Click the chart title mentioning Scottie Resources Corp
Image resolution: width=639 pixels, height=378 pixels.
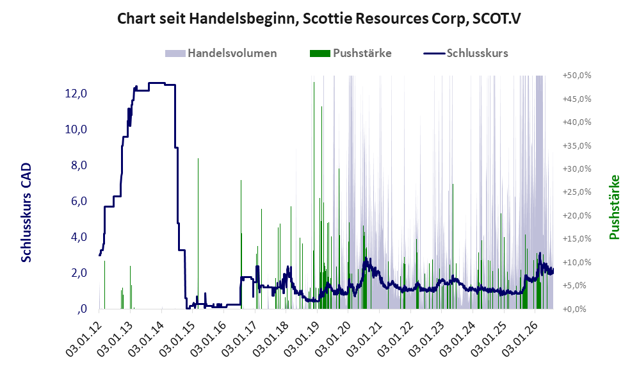tap(319, 19)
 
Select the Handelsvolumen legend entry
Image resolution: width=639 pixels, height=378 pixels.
tap(221, 53)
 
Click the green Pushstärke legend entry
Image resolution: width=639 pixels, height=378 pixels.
tap(350, 53)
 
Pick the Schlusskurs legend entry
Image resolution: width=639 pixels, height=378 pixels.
tap(465, 53)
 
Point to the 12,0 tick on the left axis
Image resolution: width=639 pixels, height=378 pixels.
tap(76, 94)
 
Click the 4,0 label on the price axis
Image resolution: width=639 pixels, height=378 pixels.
tap(79, 237)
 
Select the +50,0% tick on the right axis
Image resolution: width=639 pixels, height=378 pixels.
tap(577, 76)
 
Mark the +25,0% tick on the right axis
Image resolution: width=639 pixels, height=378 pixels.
tap(577, 192)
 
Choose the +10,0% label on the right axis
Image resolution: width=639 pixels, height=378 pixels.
tap(577, 262)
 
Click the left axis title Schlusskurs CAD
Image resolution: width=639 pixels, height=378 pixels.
tap(26, 213)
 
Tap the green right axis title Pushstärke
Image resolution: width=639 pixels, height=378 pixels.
tap(614, 207)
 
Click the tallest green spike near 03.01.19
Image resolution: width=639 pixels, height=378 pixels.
tap(314, 196)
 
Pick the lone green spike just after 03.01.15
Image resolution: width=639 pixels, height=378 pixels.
tap(198, 233)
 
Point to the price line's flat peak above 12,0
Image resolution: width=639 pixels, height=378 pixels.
tap(157, 83)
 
